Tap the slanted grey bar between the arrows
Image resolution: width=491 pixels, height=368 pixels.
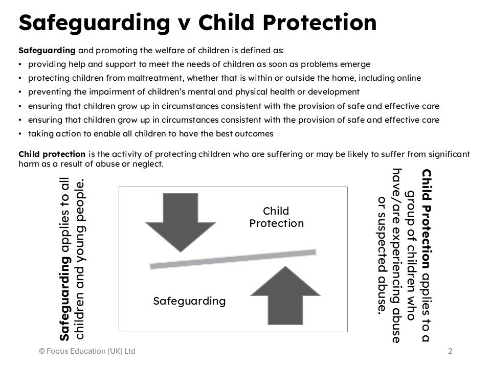[233, 259]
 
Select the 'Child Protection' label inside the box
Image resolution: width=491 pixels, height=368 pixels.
[276, 217]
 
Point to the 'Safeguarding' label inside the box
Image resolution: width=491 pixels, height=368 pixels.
[189, 301]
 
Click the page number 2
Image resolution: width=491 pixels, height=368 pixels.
[450, 351]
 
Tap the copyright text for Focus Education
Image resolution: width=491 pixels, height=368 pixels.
[87, 351]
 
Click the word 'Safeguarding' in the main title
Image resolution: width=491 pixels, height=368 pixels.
[95, 22]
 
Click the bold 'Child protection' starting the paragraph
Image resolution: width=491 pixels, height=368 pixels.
[52, 154]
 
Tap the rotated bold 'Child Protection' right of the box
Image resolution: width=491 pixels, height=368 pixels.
[426, 212]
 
